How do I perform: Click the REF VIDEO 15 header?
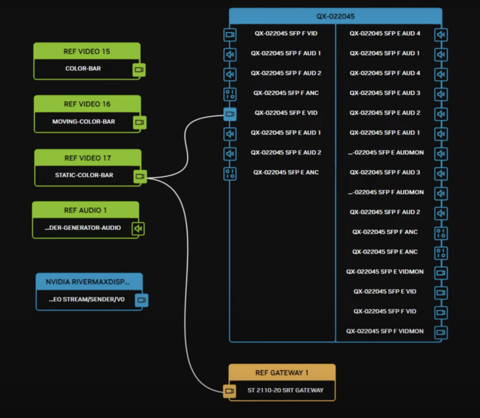(87, 51)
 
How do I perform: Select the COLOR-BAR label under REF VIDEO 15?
(82, 69)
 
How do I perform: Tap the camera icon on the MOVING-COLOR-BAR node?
(139, 122)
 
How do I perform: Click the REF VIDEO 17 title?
(87, 158)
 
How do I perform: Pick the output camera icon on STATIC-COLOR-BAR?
(140, 176)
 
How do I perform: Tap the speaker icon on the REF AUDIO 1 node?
(138, 229)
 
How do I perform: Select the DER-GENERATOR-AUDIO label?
(82, 228)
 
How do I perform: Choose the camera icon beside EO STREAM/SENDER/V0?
(142, 301)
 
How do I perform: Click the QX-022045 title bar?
(335, 16)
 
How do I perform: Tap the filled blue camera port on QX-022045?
(230, 114)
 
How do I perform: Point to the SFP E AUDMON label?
(386, 152)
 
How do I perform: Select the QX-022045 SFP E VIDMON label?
(384, 272)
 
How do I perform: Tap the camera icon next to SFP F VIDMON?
(441, 332)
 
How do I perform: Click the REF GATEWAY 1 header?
(282, 373)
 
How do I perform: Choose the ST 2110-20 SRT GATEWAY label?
(285, 391)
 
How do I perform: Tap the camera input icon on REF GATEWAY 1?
(230, 391)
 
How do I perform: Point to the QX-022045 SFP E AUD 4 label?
(384, 73)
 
